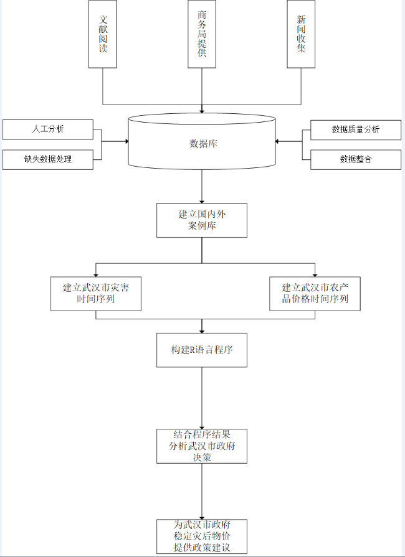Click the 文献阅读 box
(103, 34)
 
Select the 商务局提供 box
(202, 34)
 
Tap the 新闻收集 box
(302, 34)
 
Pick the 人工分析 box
(48, 129)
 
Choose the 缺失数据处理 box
(48, 159)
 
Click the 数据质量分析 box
(356, 129)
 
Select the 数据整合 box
(356, 159)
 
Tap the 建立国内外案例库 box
(202, 220)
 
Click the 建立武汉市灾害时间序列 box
(96, 293)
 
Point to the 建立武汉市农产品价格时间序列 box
(315, 293)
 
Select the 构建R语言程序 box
(202, 350)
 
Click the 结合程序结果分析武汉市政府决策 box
(202, 446)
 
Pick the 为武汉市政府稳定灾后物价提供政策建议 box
(202, 536)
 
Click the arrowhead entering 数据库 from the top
(202, 110)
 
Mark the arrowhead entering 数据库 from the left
(126, 141)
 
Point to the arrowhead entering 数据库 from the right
(279, 141)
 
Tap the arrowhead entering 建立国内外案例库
(202, 200)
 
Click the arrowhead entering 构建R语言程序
(202, 330)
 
